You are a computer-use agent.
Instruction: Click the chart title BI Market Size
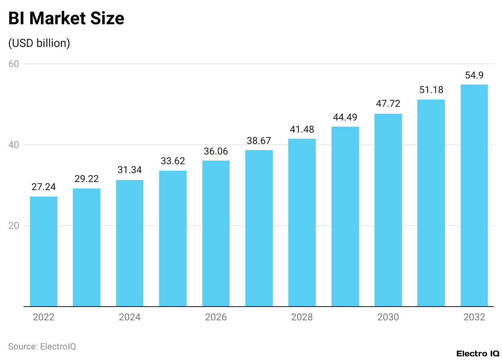click(x=66, y=19)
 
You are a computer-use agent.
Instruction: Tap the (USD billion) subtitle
click(x=39, y=43)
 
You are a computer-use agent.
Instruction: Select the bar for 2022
click(x=44, y=251)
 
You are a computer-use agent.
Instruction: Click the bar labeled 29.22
click(x=87, y=247)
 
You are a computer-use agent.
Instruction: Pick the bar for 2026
click(x=216, y=233)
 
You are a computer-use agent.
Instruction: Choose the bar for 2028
click(x=302, y=222)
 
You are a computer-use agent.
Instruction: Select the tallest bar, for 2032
click(x=474, y=195)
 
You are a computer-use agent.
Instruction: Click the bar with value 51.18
click(x=431, y=203)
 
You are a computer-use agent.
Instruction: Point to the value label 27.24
click(x=44, y=187)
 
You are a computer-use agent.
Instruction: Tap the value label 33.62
click(x=173, y=161)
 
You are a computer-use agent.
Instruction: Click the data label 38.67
click(x=259, y=141)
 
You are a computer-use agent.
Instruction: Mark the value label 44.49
click(x=345, y=117)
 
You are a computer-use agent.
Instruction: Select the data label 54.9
click(x=474, y=75)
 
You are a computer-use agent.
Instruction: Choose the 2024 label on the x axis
click(x=130, y=317)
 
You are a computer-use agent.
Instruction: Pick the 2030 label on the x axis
click(x=388, y=317)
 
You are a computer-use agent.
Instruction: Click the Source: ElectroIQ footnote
click(x=42, y=347)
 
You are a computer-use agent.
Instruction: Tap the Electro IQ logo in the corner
click(x=478, y=354)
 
